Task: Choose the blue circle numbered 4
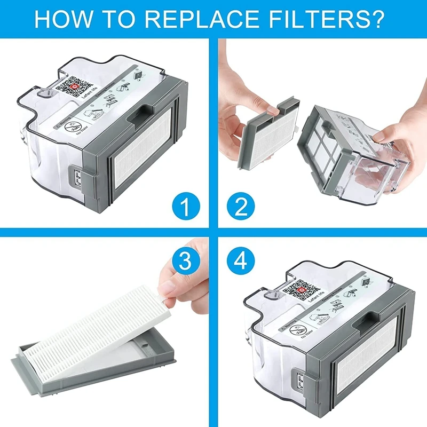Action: [238, 261]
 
